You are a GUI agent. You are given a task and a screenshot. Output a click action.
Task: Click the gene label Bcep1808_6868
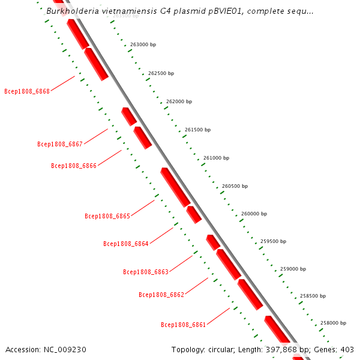[x=27, y=92]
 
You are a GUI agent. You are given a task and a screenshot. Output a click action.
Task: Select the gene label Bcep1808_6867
[x=59, y=144]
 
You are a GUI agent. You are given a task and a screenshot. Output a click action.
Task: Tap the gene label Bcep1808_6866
[x=74, y=166]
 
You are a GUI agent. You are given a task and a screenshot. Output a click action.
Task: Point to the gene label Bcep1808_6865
[x=107, y=216]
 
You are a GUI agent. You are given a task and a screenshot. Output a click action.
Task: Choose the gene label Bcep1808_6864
[x=126, y=244]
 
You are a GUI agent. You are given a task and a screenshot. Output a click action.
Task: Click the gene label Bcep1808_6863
[x=146, y=272]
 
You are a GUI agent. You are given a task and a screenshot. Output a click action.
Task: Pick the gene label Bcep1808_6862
[x=161, y=295]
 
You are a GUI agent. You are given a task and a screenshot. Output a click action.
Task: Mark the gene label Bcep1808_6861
[x=184, y=325]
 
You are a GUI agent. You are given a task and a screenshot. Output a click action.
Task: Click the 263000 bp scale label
[x=143, y=45]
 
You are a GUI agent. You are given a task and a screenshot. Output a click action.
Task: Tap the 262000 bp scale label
[x=179, y=102]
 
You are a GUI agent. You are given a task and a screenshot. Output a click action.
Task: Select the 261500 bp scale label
[x=197, y=130]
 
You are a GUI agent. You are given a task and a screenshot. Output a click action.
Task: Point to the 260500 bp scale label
[x=235, y=186]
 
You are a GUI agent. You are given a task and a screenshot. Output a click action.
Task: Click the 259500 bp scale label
[x=273, y=241]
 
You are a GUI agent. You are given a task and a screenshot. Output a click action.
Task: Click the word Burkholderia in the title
[x=73, y=11]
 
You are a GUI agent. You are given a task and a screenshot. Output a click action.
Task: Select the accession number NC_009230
[x=65, y=349]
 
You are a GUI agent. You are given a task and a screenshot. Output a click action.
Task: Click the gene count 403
[x=347, y=349]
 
